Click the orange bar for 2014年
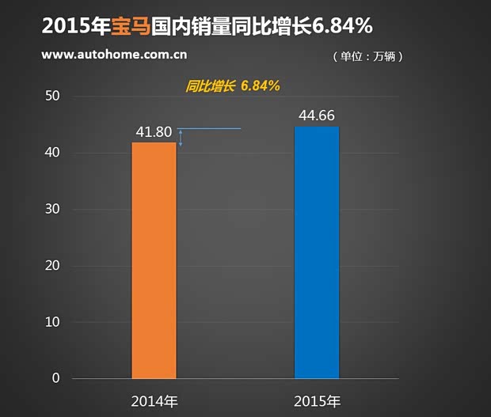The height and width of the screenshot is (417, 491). tap(154, 260)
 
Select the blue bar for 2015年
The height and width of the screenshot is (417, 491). tap(317, 252)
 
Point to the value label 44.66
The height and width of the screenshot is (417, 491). tap(317, 116)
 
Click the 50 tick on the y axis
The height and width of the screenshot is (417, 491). tap(54, 97)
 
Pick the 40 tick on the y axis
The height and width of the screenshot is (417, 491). tap(54, 153)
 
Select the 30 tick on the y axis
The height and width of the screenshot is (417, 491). tap(54, 209)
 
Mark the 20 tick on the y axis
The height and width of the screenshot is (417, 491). tap(54, 266)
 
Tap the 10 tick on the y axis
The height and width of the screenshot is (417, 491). tap(54, 322)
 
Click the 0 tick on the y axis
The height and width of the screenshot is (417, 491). tap(56, 378)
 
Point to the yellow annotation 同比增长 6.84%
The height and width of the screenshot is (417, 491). tap(233, 85)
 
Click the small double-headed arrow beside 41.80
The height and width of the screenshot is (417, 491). tap(181, 138)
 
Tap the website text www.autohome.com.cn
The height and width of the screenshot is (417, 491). tap(114, 55)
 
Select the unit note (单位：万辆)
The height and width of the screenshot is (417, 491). tap(369, 57)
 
